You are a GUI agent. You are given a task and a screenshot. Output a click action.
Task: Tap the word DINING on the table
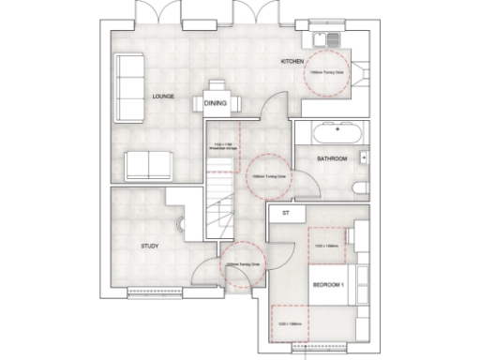[216, 103]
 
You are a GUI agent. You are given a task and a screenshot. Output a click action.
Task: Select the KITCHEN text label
[293, 62]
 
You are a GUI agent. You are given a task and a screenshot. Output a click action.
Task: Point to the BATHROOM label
[331, 159]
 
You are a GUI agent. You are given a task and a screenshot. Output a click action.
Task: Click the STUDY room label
[148, 247]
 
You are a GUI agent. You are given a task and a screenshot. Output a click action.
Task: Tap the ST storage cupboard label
[282, 215]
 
